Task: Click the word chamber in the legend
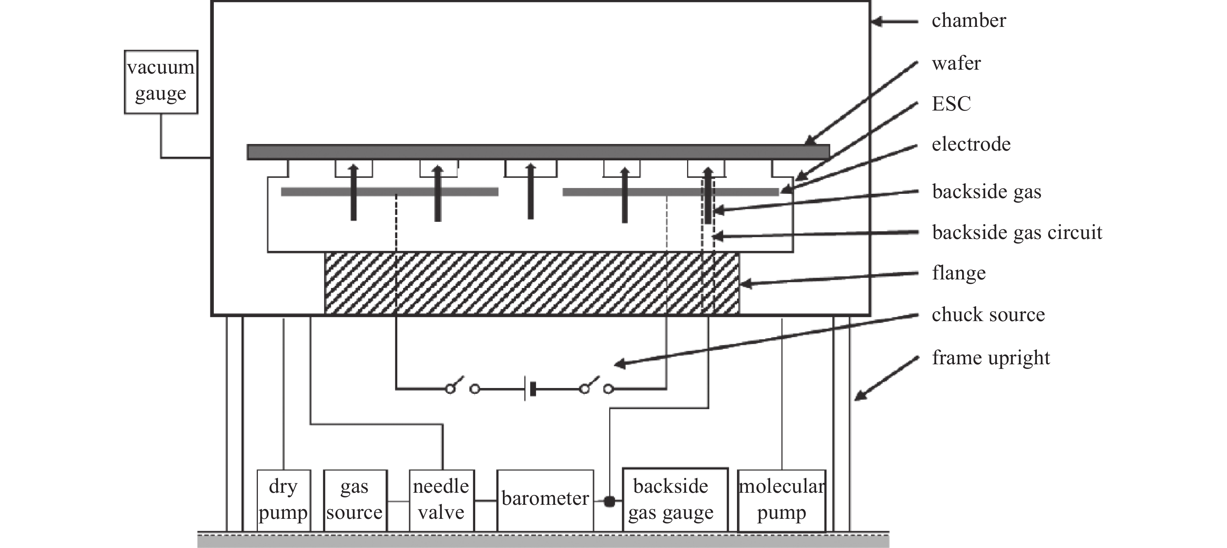coord(968,21)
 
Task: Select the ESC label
coord(951,104)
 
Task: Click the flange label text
coord(958,273)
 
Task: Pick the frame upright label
coord(991,358)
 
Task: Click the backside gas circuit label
coord(1017,232)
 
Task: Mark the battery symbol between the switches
coord(530,389)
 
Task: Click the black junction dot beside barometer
coord(609,501)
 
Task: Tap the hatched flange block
coord(532,283)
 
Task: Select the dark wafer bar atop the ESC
coord(538,152)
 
